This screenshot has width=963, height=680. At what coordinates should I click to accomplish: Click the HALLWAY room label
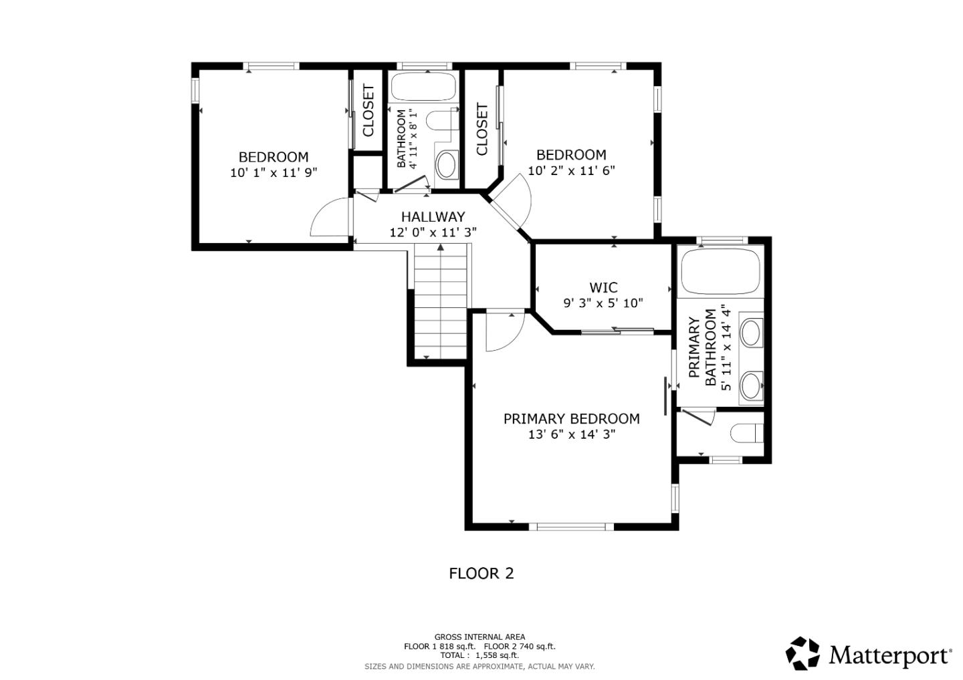[433, 216]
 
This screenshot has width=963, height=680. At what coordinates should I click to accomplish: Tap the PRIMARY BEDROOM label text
[571, 419]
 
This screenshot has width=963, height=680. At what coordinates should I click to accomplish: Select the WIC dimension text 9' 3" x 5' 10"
[603, 303]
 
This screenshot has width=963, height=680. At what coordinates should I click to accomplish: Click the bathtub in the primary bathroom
[720, 272]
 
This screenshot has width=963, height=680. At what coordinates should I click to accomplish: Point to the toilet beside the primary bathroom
[746, 434]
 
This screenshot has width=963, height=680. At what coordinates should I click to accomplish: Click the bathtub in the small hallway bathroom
[423, 87]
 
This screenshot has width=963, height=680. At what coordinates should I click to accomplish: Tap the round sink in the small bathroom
[446, 163]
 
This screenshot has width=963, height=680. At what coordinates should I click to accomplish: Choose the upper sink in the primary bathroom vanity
[752, 332]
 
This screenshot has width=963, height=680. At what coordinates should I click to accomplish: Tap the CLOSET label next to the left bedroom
[368, 110]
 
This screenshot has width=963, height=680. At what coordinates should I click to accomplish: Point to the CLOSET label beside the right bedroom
[482, 129]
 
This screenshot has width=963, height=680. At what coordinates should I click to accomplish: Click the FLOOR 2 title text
[481, 573]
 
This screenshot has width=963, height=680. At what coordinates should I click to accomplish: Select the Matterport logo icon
[802, 653]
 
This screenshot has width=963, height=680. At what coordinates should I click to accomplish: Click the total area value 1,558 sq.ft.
[497, 655]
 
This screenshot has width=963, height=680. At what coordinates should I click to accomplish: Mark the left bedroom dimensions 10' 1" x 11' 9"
[274, 172]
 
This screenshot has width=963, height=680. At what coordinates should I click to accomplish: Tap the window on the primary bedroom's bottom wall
[575, 526]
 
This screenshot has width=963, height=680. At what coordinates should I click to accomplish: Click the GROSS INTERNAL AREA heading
[479, 637]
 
